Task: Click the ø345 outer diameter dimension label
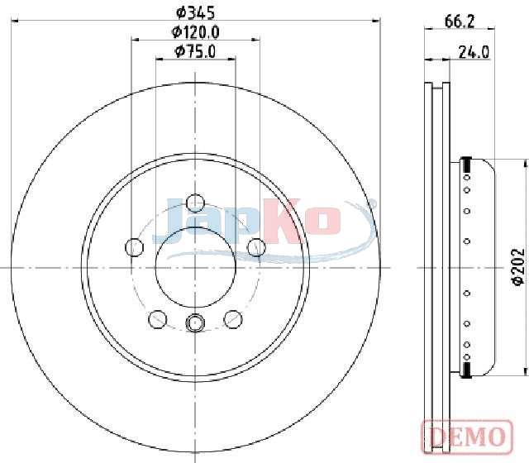coord(195,13)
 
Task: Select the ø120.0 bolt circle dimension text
coord(195,32)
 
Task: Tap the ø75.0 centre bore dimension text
coord(195,51)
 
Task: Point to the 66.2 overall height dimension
coord(460,22)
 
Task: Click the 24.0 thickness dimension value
coord(474,52)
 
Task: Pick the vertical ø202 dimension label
coord(518,266)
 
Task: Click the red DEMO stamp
coord(467,437)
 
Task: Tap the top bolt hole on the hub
coord(195,203)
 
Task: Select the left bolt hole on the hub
coord(134,247)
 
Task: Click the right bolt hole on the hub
coord(256,247)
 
